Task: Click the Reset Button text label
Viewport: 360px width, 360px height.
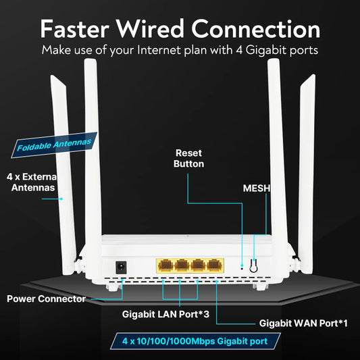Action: [x=188, y=158]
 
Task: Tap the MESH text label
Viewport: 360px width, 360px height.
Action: [x=256, y=188]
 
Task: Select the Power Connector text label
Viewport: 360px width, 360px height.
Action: [x=47, y=298]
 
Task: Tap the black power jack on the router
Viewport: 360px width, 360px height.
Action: [x=122, y=267]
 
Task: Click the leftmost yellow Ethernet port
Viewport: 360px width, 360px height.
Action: [x=165, y=264]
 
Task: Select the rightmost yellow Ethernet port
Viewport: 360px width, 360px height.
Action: [x=215, y=264]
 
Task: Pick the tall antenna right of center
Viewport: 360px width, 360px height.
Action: [x=274, y=149]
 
